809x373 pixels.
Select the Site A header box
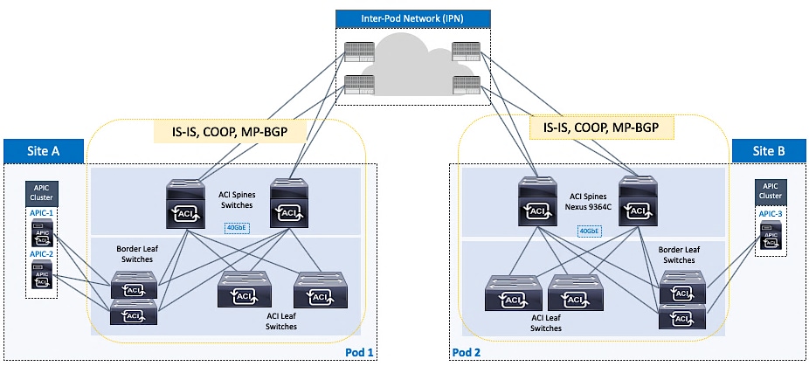pos(43,150)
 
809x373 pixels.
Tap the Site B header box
pos(770,150)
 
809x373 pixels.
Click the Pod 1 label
pos(360,352)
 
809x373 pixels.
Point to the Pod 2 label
pos(467,352)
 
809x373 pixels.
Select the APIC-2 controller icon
pos(41,274)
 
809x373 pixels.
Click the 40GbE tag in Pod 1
pos(237,229)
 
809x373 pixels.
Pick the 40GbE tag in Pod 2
pos(590,231)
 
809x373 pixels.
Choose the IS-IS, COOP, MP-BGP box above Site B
pos(603,128)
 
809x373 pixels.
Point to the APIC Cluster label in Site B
pos(770,190)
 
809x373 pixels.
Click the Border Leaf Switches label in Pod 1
pos(135,253)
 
